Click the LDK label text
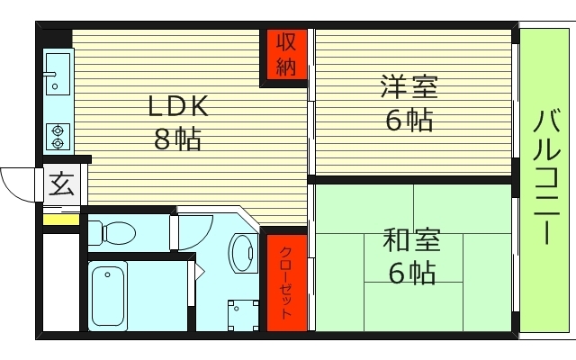pyautogui.click(x=179, y=107)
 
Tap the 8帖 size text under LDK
pyautogui.click(x=176, y=139)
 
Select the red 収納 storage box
pyautogui.click(x=285, y=56)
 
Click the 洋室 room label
pyautogui.click(x=409, y=89)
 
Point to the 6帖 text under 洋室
pyautogui.click(x=409, y=120)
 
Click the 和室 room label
pyautogui.click(x=412, y=241)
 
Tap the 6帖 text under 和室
pyautogui.click(x=412, y=272)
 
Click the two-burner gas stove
pyautogui.click(x=58, y=135)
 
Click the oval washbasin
pyautogui.click(x=241, y=253)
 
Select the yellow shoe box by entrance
pyautogui.click(x=61, y=219)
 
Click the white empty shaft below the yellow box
pyautogui.click(x=61, y=279)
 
